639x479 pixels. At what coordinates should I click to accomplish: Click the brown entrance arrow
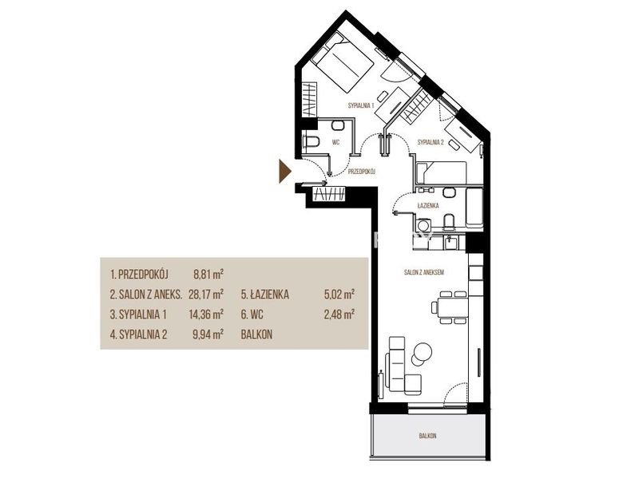pos(284,172)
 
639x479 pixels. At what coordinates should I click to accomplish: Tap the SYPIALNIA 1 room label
pos(361,105)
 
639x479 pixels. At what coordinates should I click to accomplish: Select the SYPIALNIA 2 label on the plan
pos(431,143)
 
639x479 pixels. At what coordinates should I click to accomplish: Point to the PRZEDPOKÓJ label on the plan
pos(362,172)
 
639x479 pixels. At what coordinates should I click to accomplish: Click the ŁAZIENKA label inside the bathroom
pos(428,206)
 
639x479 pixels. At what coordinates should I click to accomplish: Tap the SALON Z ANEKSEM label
pos(424,272)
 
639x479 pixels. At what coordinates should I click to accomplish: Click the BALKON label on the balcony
pos(428,436)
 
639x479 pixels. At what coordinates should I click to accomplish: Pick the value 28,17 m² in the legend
pos(206,294)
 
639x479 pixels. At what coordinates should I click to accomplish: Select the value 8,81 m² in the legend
pos(208,274)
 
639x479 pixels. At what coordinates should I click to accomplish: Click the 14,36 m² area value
pos(206,314)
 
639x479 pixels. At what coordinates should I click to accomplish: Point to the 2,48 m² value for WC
pos(339,314)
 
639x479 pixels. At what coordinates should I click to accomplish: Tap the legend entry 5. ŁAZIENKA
pos(265,295)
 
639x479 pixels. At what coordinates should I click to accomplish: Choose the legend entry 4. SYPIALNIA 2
pos(138,335)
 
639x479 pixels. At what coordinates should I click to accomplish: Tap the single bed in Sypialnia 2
pos(442,172)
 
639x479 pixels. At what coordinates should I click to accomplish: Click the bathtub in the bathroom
pos(474,208)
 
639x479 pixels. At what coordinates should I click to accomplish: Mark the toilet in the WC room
pos(311,142)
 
